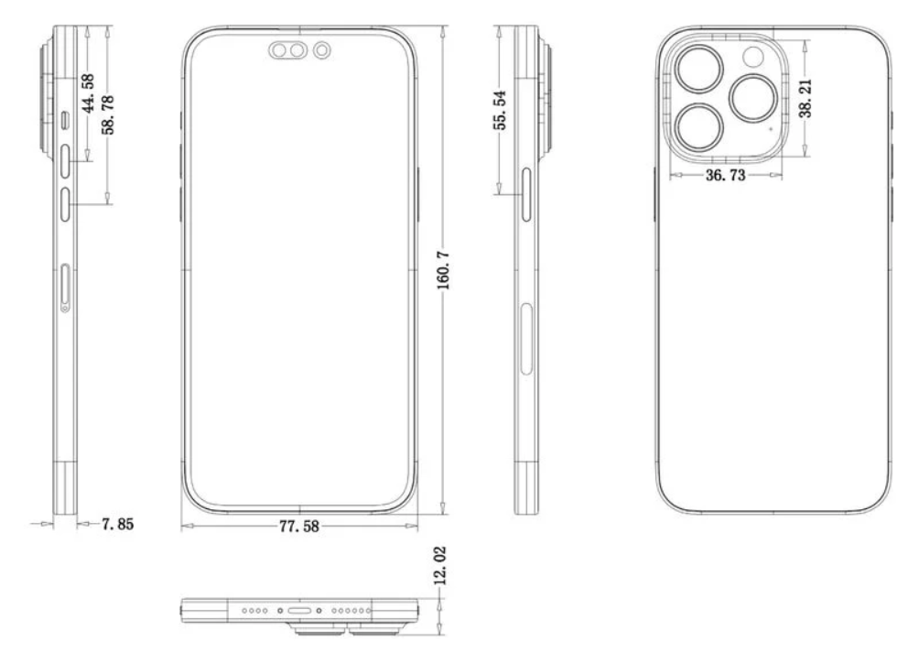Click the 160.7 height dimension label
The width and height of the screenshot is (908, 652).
click(443, 271)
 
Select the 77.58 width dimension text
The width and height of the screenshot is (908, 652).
click(298, 527)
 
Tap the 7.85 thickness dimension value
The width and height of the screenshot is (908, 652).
click(117, 524)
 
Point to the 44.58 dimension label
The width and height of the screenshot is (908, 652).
click(88, 93)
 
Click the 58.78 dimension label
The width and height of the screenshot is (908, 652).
click(108, 114)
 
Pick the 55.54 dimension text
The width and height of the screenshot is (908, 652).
click(501, 110)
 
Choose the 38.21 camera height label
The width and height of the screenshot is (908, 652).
click(805, 99)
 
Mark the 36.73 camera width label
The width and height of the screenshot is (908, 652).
click(726, 175)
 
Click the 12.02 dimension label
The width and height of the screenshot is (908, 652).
click(440, 565)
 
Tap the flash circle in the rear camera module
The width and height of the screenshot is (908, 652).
click(753, 57)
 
